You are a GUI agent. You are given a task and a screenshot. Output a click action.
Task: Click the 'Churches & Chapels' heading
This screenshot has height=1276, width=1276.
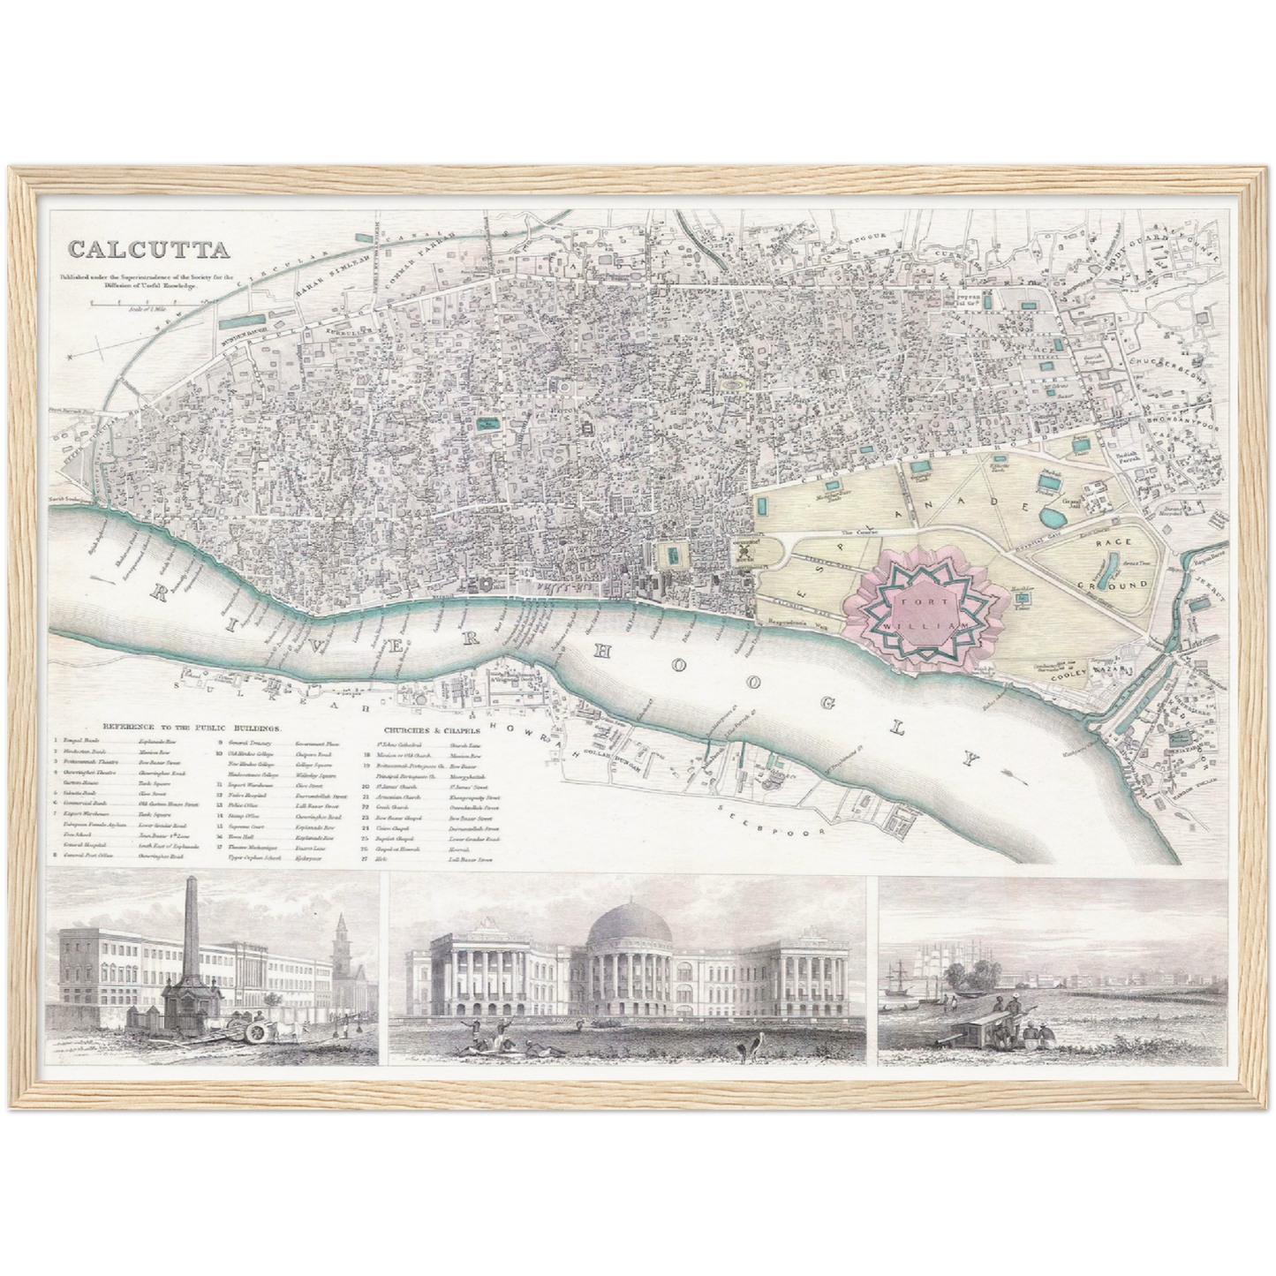click(432, 730)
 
